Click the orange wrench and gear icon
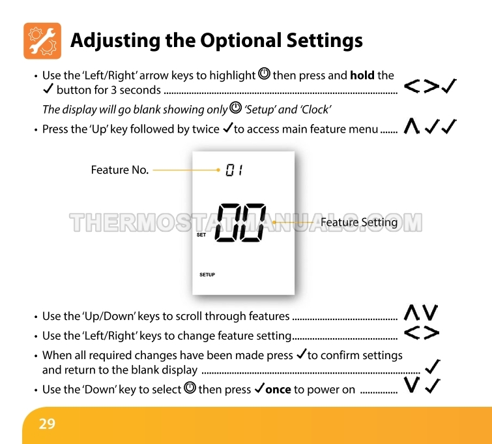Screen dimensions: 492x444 42,41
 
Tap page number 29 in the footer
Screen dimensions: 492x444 47,424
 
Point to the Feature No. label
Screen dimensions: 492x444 119,170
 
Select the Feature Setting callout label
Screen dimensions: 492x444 359,222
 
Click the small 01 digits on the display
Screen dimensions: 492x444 234,170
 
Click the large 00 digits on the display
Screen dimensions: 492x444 240,223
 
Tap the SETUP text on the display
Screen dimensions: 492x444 207,274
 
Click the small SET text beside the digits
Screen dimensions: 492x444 201,234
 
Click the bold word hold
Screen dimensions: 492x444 362,76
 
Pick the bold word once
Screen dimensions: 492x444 278,390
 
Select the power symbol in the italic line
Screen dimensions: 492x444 236,108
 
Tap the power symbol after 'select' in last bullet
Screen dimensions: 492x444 190,387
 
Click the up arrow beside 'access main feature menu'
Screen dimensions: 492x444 411,127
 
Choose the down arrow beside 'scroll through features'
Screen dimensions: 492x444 430,313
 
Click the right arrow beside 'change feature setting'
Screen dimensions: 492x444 431,333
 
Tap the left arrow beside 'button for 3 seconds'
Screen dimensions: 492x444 412,86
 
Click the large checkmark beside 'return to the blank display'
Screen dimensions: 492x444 433,367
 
